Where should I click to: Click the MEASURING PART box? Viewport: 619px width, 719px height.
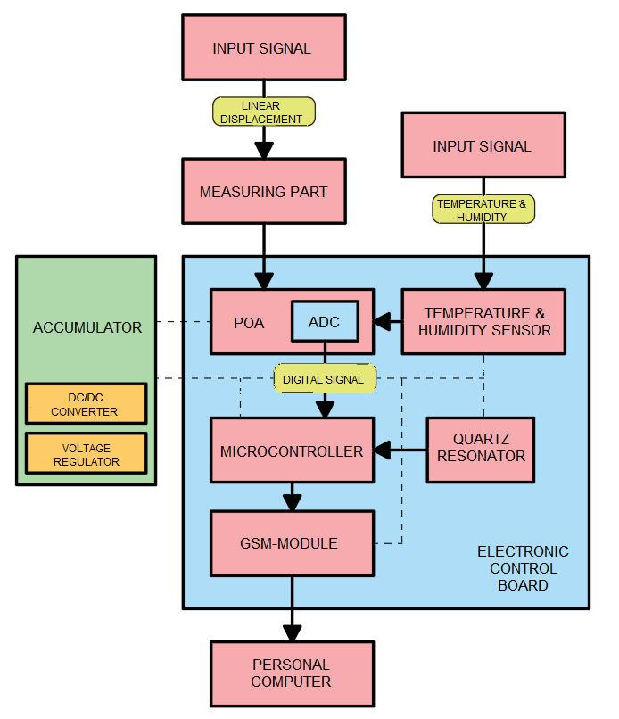tap(263, 191)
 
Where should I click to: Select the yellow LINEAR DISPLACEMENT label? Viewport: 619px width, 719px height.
tap(265, 112)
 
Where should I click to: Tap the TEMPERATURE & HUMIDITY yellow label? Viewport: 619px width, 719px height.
tap(482, 210)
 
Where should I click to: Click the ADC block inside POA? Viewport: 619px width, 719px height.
tap(324, 322)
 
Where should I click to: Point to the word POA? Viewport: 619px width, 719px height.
tap(249, 323)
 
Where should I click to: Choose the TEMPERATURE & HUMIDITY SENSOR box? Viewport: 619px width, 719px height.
tap(483, 321)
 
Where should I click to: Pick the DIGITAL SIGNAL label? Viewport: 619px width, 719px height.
tap(323, 379)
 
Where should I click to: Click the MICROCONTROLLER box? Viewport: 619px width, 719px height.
tap(292, 451)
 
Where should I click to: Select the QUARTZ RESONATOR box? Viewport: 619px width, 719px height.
tap(481, 449)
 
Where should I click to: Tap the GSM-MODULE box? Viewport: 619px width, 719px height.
tap(292, 542)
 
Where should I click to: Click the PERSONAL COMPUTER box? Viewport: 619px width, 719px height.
tap(291, 674)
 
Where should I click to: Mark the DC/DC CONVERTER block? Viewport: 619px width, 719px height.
tap(86, 403)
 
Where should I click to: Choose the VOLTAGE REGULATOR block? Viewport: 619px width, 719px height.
tap(86, 453)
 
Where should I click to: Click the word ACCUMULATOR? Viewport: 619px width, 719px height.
tap(87, 327)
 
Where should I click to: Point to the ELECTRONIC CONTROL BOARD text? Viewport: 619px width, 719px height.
tap(523, 568)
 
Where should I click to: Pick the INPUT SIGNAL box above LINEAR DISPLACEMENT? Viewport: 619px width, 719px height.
tap(262, 48)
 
